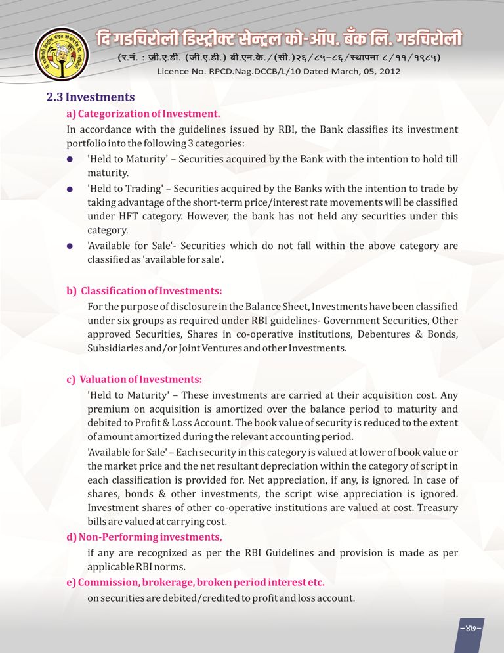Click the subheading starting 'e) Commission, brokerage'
coord(196,583)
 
